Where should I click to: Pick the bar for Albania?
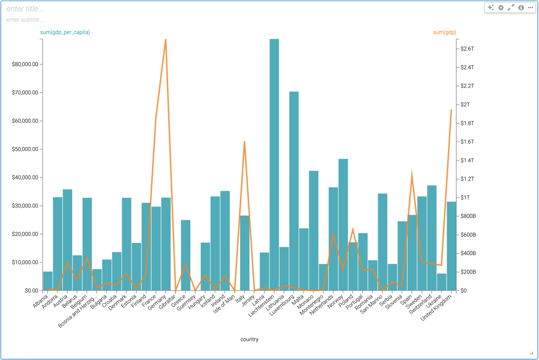48,281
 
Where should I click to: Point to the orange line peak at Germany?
166,39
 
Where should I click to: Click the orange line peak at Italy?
244,142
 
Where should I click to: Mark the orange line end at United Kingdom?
451,110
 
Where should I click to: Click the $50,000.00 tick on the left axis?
25,150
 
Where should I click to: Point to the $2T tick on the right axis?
465,105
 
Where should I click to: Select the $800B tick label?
468,216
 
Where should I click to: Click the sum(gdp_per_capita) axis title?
65,32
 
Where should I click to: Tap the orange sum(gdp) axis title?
444,32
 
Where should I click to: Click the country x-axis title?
249,339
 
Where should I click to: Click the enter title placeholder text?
25,9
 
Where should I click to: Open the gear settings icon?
501,8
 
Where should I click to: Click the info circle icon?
521,8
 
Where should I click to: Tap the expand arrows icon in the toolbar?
511,8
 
